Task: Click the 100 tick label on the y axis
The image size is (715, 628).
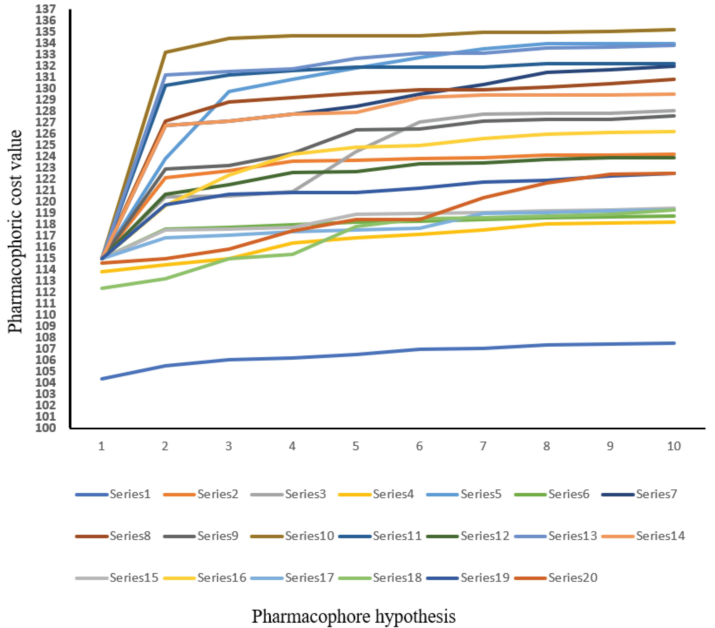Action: point(45,428)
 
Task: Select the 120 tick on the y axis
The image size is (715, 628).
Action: point(45,202)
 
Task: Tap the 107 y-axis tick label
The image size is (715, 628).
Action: point(45,349)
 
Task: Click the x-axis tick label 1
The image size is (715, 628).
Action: point(101,446)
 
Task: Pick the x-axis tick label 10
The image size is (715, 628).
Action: point(674,446)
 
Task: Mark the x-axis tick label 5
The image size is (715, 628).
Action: point(356,446)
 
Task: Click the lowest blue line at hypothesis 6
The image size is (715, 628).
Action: point(419,349)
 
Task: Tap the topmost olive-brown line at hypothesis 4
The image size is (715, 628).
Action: point(293,36)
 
